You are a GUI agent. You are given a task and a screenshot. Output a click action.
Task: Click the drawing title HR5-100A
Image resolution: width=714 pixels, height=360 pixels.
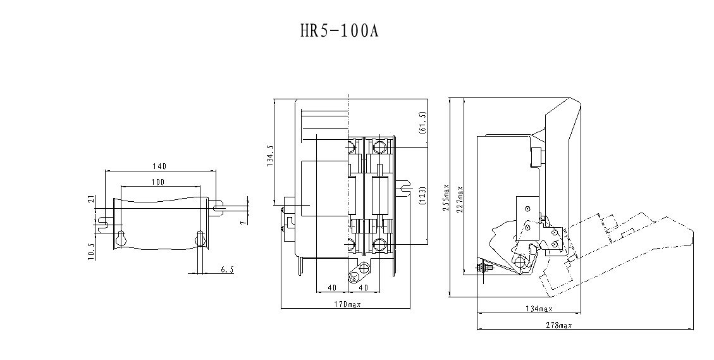tap(338, 31)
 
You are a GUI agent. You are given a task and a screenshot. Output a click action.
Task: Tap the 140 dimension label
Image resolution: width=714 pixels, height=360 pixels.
tap(159, 166)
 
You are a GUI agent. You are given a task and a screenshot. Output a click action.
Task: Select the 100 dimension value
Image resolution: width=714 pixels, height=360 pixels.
tap(158, 182)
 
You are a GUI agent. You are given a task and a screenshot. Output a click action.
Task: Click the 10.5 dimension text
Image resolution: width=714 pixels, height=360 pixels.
tap(91, 251)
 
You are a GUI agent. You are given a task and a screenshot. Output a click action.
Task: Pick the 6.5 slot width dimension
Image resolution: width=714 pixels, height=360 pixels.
tap(227, 270)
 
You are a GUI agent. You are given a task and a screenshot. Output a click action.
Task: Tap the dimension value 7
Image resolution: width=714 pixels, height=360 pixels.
tap(243, 220)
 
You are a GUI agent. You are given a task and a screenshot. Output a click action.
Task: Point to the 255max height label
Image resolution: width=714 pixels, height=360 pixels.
tap(446, 198)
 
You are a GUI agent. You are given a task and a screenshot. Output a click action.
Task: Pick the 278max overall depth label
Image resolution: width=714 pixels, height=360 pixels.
tap(557, 325)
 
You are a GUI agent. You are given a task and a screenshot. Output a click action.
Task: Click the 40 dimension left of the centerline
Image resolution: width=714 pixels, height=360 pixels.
tap(331, 287)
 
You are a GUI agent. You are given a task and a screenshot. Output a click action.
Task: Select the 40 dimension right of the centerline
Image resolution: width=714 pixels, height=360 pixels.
tap(364, 287)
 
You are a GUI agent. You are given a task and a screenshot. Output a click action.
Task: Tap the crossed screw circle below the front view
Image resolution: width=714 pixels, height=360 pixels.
tap(355, 277)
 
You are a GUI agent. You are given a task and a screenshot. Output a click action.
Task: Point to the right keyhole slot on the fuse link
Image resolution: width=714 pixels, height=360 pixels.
tap(200, 238)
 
